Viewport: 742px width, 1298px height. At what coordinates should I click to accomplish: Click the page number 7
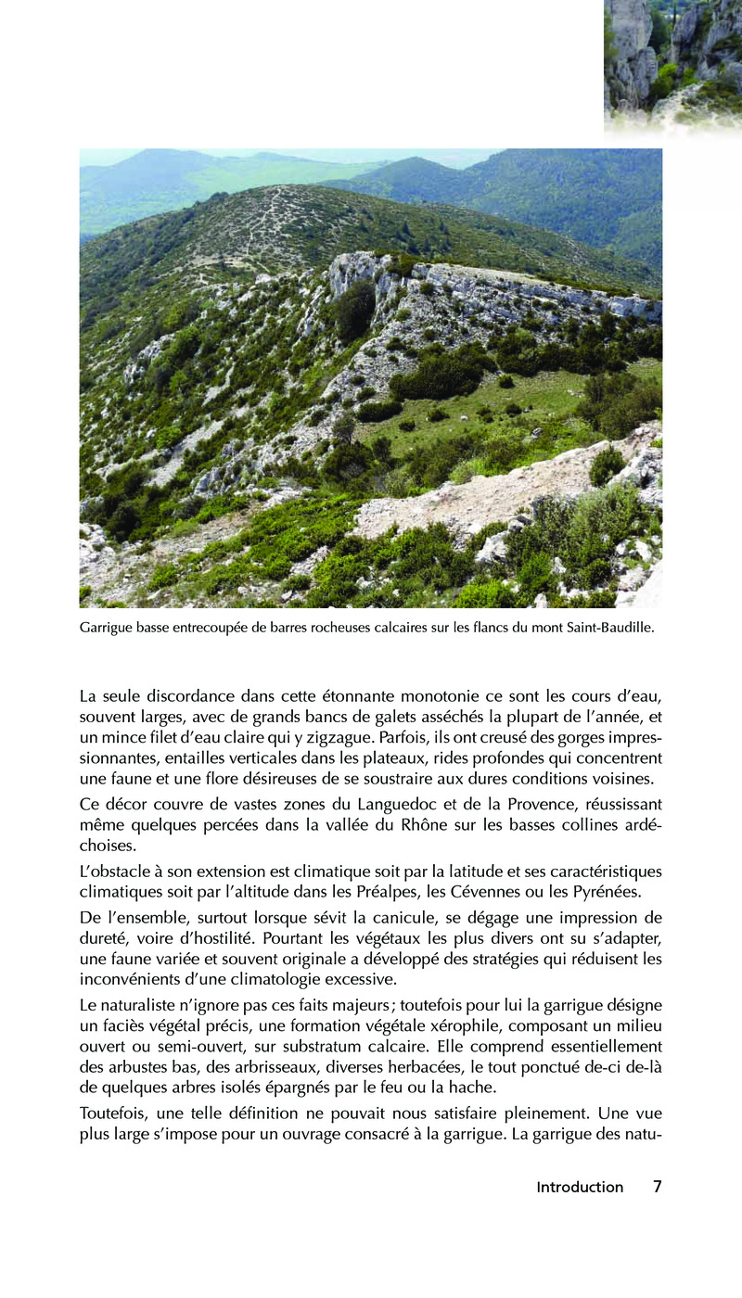pos(657,1187)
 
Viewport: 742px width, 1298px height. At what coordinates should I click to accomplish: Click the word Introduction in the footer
pos(580,1187)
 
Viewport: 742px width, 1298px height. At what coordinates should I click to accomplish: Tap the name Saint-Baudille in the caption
pos(609,628)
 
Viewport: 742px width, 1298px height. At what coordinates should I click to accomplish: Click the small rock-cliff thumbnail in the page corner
pos(672,60)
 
